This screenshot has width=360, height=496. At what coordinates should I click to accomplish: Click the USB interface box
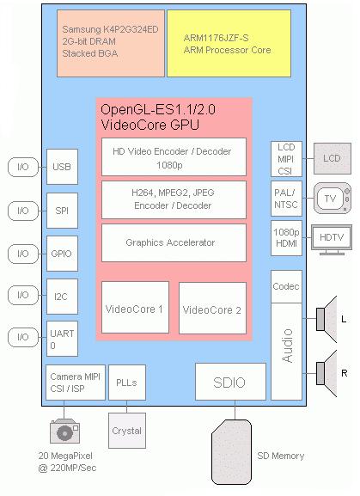[x=62, y=167]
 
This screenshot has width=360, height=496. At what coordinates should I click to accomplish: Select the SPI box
[x=62, y=211]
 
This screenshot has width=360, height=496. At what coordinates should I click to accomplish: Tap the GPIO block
[x=62, y=254]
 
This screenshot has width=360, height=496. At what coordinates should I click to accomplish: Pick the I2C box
[x=62, y=297]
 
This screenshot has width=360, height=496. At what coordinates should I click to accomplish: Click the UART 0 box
[x=62, y=339]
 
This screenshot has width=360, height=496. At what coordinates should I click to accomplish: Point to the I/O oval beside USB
[x=23, y=167]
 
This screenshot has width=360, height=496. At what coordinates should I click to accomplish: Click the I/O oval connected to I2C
[x=23, y=295]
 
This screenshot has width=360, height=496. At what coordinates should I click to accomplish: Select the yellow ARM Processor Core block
[x=229, y=43]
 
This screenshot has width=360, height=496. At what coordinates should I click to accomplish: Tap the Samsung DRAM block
[x=111, y=43]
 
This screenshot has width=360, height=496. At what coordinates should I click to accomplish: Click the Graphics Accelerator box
[x=174, y=242]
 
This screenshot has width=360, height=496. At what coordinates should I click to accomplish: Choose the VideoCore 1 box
[x=135, y=308]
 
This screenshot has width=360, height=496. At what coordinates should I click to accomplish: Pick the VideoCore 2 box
[x=212, y=308]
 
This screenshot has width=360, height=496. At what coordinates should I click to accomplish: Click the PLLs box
[x=127, y=383]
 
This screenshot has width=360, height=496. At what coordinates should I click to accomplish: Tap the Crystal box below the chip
[x=127, y=431]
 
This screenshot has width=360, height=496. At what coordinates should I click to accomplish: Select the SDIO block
[x=230, y=382]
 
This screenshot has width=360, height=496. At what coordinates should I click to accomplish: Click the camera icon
[x=64, y=431]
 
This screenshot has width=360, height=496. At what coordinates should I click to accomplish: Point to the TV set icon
[x=333, y=199]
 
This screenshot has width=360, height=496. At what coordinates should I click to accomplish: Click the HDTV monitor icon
[x=332, y=240]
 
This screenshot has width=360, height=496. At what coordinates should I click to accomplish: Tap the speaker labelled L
[x=326, y=319]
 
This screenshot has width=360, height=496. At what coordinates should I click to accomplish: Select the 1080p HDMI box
[x=286, y=238]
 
